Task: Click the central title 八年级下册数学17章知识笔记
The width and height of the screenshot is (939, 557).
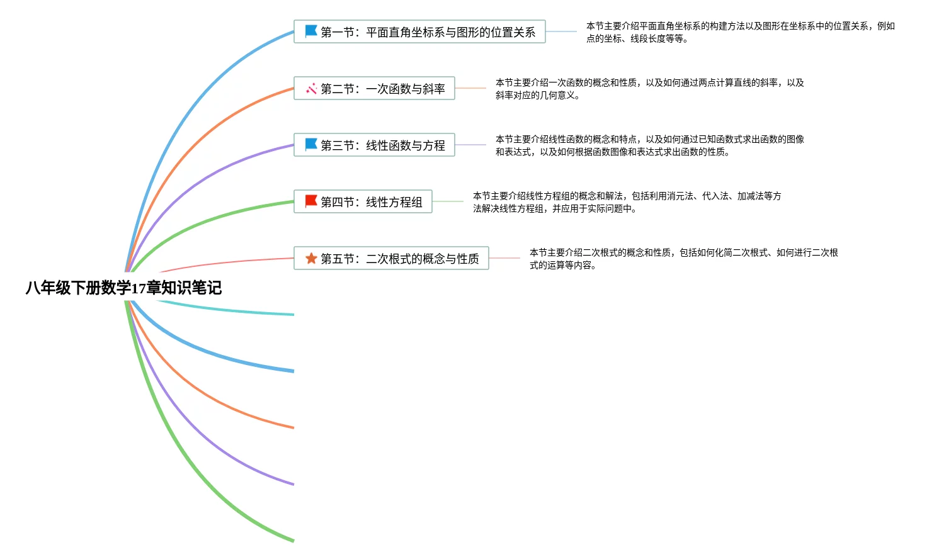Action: pos(123,288)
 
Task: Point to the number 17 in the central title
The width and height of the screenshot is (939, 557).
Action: pos(139,289)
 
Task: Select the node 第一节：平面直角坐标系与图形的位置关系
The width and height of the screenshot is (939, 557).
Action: pos(419,32)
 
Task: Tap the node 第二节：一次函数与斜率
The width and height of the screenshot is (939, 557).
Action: pos(374,89)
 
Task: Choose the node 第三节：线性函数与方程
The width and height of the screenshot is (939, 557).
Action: pos(374,145)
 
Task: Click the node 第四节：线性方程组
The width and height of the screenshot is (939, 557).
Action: pos(363,202)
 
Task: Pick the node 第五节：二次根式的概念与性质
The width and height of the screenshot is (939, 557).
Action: pos(391,259)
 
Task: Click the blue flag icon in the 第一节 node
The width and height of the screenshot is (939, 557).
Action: pos(311,31)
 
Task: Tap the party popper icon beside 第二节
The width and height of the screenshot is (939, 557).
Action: pos(311,89)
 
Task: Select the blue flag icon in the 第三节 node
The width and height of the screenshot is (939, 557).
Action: pos(311,145)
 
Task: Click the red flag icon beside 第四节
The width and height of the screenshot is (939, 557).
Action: pos(311,201)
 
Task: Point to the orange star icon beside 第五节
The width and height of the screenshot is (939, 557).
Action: pos(311,259)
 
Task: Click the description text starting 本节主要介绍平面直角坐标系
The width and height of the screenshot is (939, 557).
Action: pos(740,32)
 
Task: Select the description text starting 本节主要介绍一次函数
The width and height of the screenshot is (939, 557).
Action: pos(649,89)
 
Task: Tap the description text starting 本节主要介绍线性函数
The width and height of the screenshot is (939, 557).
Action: pos(649,145)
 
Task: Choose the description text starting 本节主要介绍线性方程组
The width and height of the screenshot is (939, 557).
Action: pos(627,202)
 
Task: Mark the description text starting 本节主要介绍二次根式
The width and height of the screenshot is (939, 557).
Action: pos(683,259)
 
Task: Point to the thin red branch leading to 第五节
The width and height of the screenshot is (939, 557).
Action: pos(227,262)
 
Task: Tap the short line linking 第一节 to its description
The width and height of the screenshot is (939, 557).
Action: pos(561,31)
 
